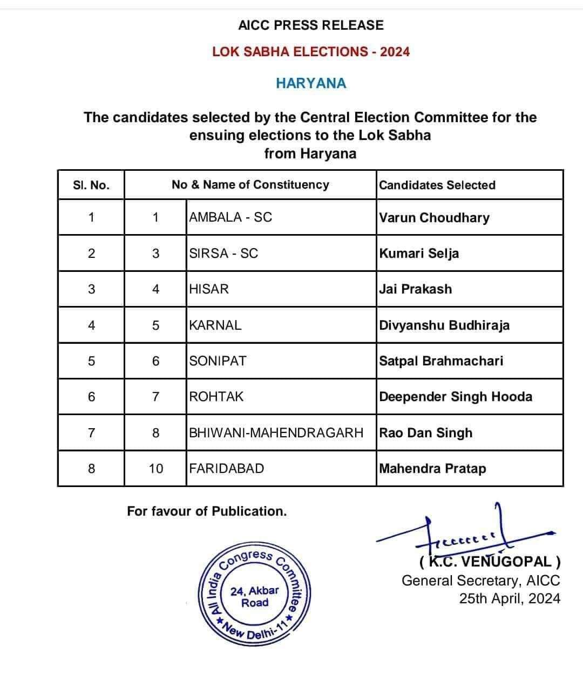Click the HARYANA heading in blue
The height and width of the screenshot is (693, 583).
pyautogui.click(x=311, y=83)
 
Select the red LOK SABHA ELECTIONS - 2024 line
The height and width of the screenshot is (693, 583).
pyautogui.click(x=311, y=52)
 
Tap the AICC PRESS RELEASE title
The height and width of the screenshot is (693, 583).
pyautogui.click(x=311, y=25)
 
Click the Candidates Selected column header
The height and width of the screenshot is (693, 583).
pyautogui.click(x=437, y=185)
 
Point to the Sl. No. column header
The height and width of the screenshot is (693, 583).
pyautogui.click(x=91, y=185)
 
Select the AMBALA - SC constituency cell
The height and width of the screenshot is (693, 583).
pyautogui.click(x=231, y=217)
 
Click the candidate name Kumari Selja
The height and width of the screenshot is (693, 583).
pyautogui.click(x=419, y=253)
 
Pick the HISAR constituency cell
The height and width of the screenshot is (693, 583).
pyautogui.click(x=209, y=289)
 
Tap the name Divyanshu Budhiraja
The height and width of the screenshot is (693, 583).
pyautogui.click(x=444, y=325)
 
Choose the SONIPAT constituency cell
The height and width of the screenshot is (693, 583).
pyautogui.click(x=218, y=361)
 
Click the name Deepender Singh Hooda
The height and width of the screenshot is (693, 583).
pyautogui.click(x=456, y=397)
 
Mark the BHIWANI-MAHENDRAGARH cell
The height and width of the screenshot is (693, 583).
pyautogui.click(x=276, y=433)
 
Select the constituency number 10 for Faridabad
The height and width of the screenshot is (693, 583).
pyautogui.click(x=155, y=469)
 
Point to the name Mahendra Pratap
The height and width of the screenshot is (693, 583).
pyautogui.click(x=432, y=469)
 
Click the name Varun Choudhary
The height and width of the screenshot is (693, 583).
pyautogui.click(x=434, y=217)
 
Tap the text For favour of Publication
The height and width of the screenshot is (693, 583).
pyautogui.click(x=207, y=511)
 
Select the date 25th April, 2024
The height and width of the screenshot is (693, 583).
pyautogui.click(x=510, y=599)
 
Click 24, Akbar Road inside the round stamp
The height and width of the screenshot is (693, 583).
pyautogui.click(x=255, y=596)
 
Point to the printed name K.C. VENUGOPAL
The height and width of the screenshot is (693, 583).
pyautogui.click(x=490, y=562)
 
